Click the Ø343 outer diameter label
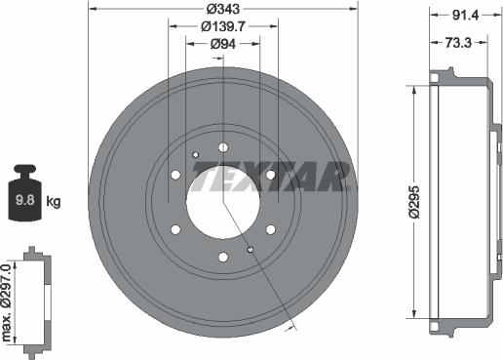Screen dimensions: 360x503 coord(223,10)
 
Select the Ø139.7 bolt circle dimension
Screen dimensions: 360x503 coord(223,26)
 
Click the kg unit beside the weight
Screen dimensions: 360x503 coord(54,203)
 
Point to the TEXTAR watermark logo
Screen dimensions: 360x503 coord(271,177)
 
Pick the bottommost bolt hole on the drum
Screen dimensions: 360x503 coord(223,257)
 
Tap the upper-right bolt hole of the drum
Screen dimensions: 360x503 coord(270,175)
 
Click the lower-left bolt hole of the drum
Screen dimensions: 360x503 coord(176,229)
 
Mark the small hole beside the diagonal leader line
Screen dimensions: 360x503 coord(251,251)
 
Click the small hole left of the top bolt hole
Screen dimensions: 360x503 coord(196,154)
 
